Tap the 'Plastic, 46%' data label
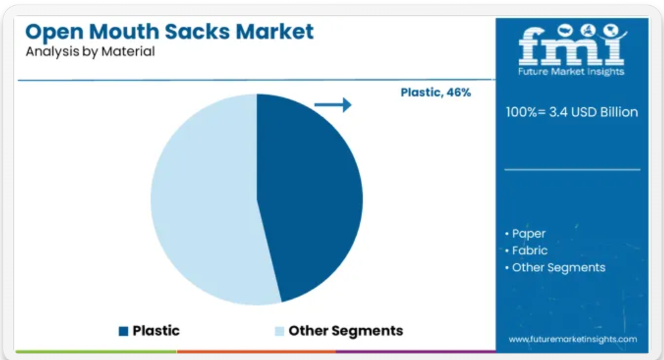coord(435,92)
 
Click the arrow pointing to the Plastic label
coord(333,105)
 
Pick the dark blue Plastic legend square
coord(123,331)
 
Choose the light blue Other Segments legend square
coord(279,331)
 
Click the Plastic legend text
coord(156,331)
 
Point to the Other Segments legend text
coord(346,331)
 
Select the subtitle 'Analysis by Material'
coord(90,51)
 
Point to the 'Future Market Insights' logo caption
coord(571,71)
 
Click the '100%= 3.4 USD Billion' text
coord(572,112)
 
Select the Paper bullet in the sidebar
coord(525,234)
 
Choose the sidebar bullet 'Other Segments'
coord(555,268)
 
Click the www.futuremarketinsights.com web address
coord(572,339)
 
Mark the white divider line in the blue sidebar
coord(572,170)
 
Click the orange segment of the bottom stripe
coord(257,351)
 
